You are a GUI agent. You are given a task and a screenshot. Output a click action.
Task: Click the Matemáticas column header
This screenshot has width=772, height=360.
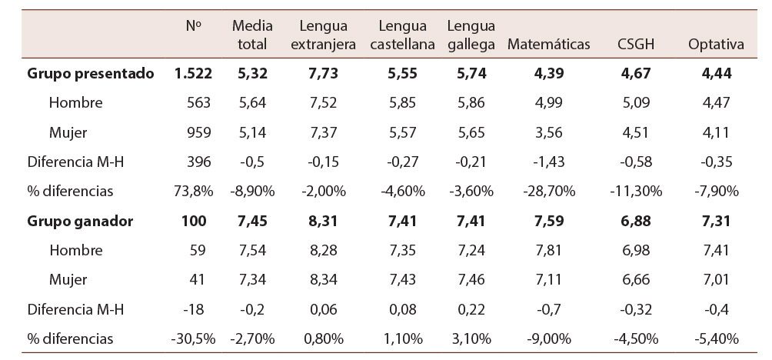click(548, 44)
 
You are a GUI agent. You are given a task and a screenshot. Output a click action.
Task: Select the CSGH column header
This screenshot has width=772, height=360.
click(636, 44)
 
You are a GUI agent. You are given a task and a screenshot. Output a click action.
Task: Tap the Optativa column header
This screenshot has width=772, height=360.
click(716, 44)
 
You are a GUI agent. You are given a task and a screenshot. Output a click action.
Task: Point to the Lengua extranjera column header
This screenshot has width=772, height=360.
click(323, 35)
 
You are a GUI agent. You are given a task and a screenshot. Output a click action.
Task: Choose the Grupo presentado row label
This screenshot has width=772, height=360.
click(91, 74)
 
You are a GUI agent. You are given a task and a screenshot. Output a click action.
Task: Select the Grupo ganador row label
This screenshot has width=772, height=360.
click(80, 222)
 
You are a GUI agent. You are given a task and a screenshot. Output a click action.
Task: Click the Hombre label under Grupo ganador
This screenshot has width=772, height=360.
click(75, 251)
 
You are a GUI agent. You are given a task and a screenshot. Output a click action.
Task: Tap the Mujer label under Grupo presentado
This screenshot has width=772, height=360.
click(68, 132)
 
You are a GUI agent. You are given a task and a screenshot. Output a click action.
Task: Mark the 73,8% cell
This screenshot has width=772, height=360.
click(191, 192)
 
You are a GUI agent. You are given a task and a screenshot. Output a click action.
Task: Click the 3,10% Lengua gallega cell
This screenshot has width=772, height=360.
click(471, 339)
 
